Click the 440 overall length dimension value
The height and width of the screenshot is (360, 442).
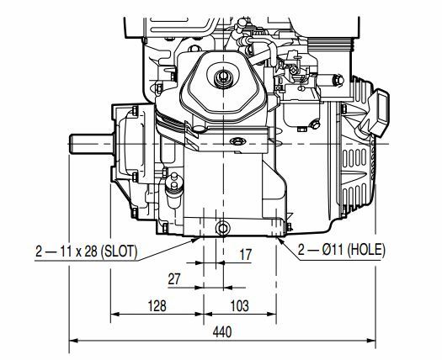coord(222,332)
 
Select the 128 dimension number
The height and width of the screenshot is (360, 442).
coord(157,306)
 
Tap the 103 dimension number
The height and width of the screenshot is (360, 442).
coord(240,306)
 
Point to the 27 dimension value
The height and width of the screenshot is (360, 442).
coord(174,279)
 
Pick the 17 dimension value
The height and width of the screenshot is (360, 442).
coord(245,255)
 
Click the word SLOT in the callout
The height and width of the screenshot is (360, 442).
coord(120,251)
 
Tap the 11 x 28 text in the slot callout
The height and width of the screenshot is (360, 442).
coord(79,251)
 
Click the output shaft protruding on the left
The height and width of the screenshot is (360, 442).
coord(92,144)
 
